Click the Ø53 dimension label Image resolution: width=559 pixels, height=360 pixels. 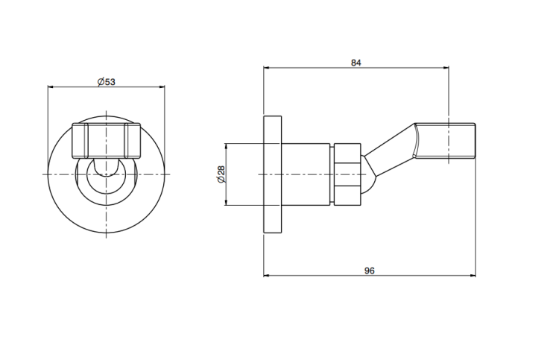click(x=107, y=82)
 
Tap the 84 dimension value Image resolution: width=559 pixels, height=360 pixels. click(x=356, y=63)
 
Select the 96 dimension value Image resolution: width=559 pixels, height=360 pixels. click(x=370, y=271)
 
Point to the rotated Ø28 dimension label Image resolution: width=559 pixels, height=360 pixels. click(x=221, y=174)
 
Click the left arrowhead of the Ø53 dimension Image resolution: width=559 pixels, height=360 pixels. click(x=50, y=86)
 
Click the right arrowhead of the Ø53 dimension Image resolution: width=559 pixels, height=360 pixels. click(x=162, y=86)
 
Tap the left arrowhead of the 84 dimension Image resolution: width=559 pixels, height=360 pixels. click(x=266, y=67)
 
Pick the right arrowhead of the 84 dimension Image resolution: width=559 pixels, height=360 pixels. click(x=446, y=67)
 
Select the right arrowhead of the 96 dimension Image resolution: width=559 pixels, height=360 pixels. click(x=473, y=276)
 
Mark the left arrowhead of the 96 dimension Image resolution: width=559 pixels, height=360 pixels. click(x=266, y=276)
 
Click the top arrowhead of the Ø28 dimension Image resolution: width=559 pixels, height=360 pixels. click(x=226, y=146)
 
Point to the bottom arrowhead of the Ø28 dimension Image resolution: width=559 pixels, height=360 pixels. click(x=226, y=203)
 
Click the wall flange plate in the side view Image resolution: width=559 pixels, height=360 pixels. click(x=272, y=174)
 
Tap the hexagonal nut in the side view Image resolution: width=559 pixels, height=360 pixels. click(x=347, y=174)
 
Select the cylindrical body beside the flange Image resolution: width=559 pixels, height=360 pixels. click(x=306, y=174)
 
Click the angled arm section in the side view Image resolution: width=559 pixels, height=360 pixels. click(x=391, y=150)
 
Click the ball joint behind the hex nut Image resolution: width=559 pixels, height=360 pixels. click(x=368, y=174)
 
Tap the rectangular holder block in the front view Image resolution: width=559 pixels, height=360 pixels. click(x=107, y=141)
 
